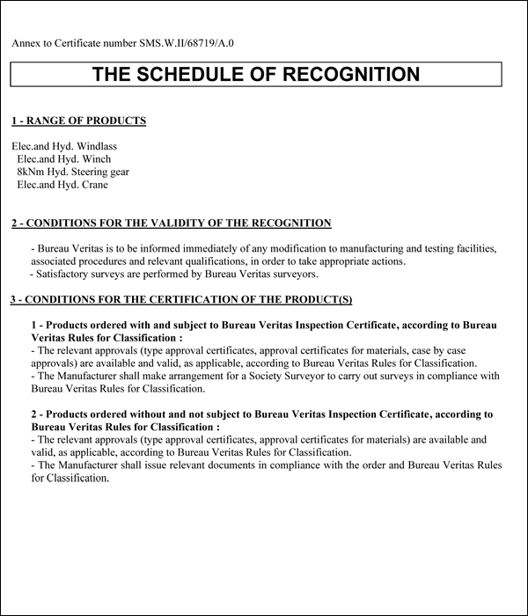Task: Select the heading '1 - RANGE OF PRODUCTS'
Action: pyautogui.click(x=78, y=121)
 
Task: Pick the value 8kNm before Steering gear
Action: pyautogui.click(x=32, y=172)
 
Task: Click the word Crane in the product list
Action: pyautogui.click(x=93, y=185)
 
